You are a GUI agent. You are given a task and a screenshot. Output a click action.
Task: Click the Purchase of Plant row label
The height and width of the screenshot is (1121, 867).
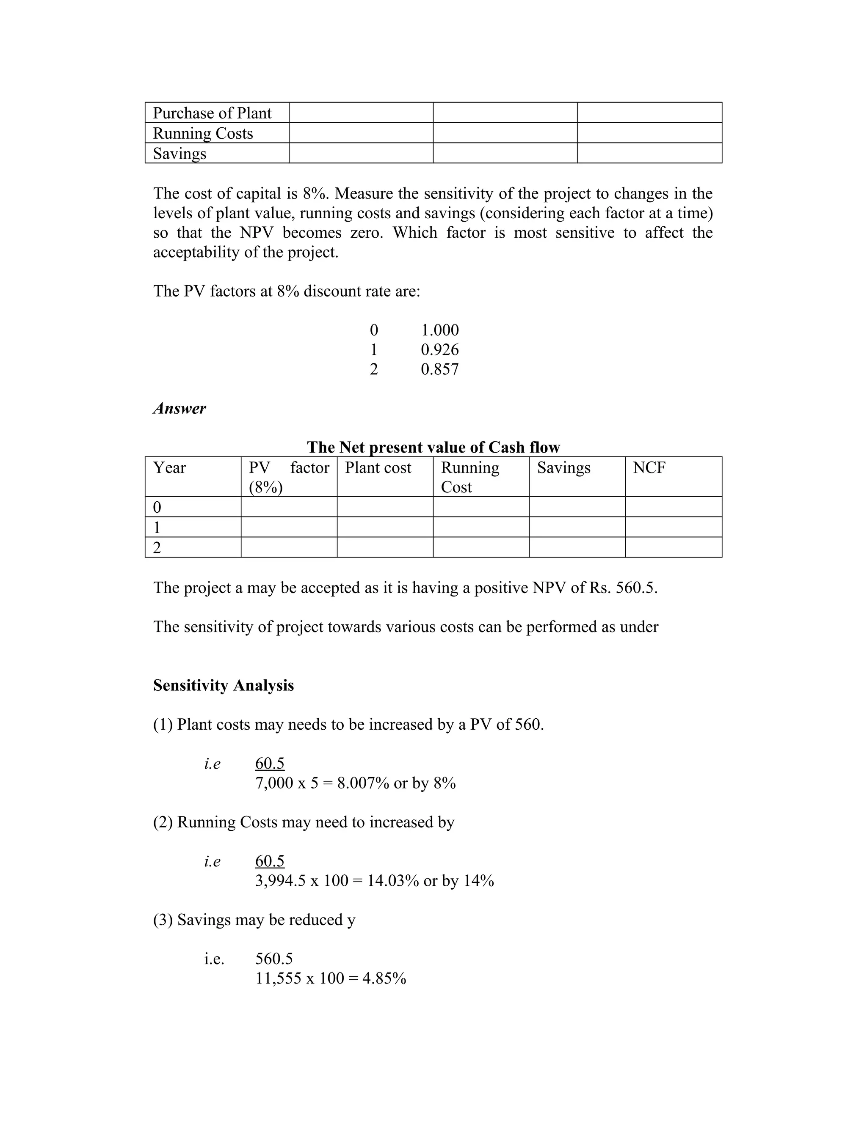tap(212, 113)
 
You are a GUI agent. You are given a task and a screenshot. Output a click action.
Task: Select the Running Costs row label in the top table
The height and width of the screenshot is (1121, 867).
tap(203, 133)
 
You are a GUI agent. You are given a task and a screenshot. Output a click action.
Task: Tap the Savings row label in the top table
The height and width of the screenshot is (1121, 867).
tap(180, 154)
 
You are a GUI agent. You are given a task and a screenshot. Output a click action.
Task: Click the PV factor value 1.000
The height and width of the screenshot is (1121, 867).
tap(440, 330)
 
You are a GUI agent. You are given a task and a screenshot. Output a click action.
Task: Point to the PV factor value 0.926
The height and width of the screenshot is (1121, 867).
tap(440, 349)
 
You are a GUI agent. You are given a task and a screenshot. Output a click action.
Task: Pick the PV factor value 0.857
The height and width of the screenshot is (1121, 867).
tap(440, 369)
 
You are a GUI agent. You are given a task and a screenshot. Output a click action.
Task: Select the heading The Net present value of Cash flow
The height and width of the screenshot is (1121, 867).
tap(433, 447)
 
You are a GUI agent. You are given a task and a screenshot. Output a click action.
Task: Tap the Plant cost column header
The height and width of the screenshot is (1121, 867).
tap(378, 467)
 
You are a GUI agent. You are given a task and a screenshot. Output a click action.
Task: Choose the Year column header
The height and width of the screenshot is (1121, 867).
tap(169, 467)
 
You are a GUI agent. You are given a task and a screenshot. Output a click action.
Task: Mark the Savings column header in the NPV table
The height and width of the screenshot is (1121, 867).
tap(563, 467)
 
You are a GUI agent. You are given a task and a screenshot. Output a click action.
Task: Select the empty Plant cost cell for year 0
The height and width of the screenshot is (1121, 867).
tap(385, 507)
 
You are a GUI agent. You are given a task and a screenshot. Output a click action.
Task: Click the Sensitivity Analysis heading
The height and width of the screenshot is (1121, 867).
tap(224, 686)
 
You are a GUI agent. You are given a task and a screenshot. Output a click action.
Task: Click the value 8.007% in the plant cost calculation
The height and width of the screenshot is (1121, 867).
tap(363, 783)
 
